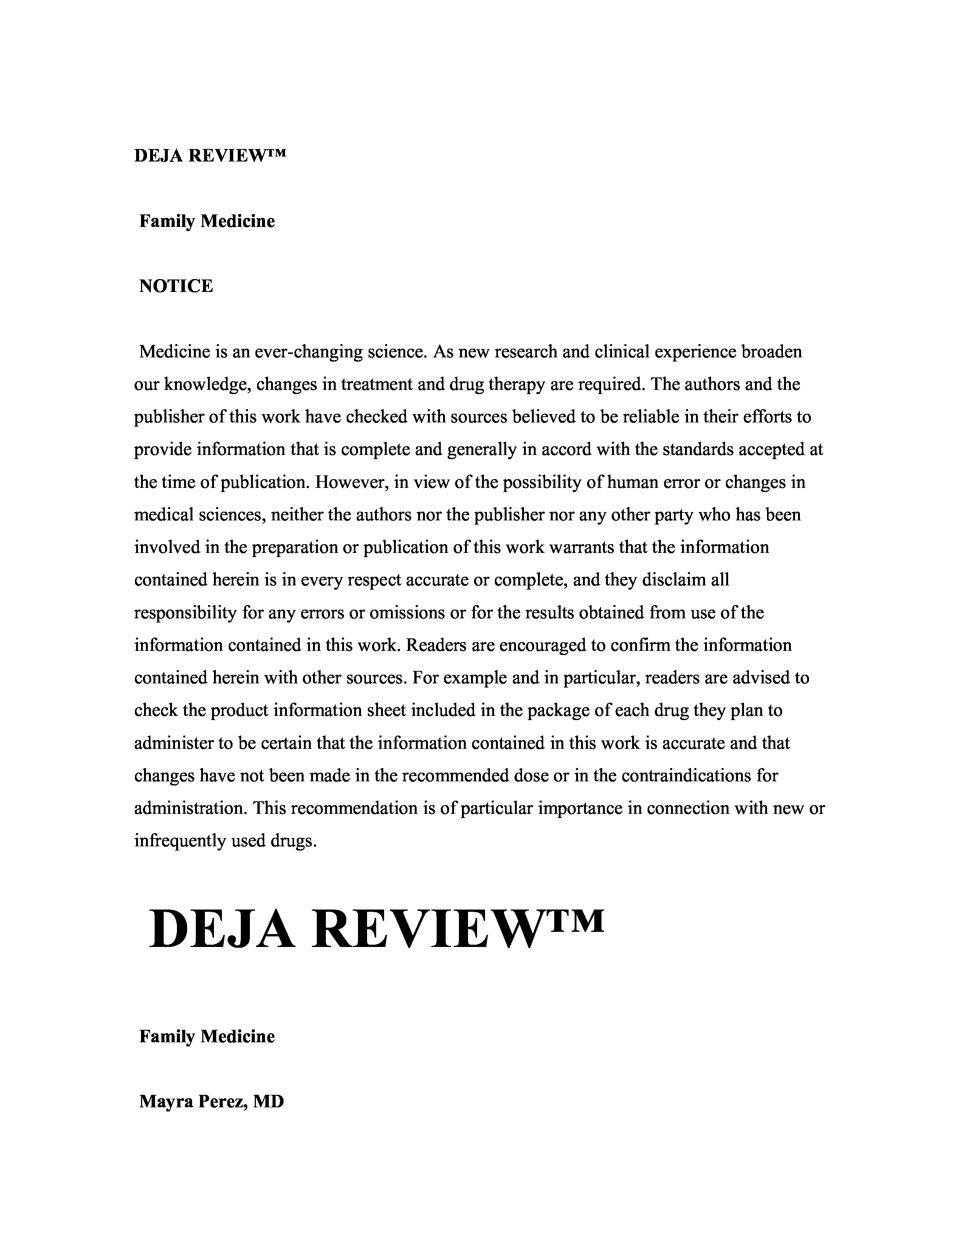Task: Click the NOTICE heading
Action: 176,286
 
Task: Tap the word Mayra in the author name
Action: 166,1101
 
